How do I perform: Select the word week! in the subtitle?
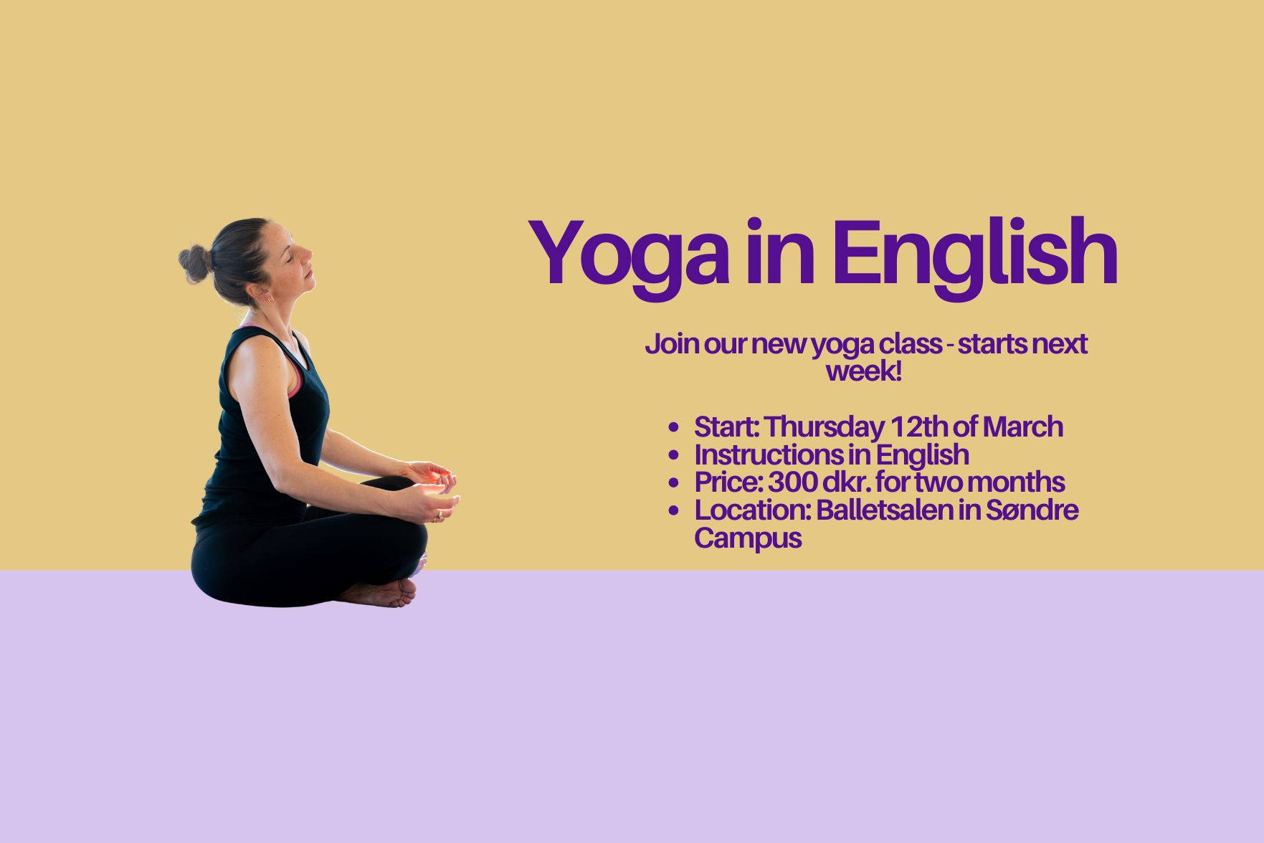(x=864, y=371)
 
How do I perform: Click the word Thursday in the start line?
(x=825, y=427)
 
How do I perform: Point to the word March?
(x=1023, y=427)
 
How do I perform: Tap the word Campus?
(x=748, y=538)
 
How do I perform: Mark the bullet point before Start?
(x=673, y=428)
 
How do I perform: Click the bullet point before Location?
(x=673, y=511)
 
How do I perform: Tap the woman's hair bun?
(x=194, y=263)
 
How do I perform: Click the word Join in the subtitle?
(x=671, y=344)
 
